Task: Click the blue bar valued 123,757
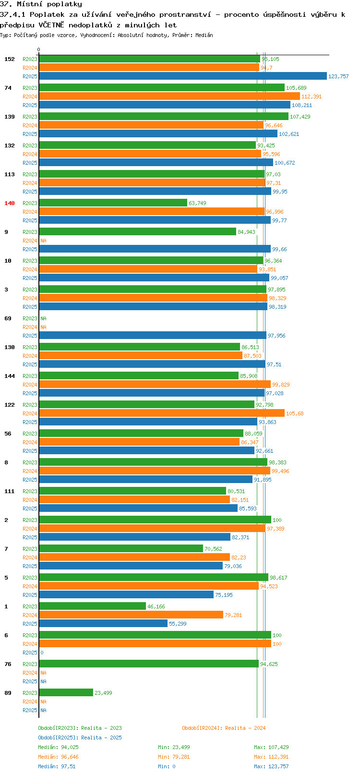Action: [183, 76]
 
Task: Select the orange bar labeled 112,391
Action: [169, 96]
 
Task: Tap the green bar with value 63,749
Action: [113, 203]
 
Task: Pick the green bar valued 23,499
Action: [66, 693]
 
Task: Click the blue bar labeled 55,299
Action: [103, 623]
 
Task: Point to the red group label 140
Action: [9, 203]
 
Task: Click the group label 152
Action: [9, 59]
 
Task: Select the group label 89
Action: [8, 693]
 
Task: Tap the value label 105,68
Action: [295, 413]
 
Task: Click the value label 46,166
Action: [156, 606]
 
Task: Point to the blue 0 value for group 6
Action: [42, 653]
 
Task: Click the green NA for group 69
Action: [43, 318]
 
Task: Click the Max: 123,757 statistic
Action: [271, 766]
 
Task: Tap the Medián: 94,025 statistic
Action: [58, 747]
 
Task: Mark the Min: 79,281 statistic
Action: [174, 757]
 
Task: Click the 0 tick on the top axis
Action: [38, 49]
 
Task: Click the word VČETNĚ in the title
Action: [51, 25]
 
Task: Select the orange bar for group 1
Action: [131, 615]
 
